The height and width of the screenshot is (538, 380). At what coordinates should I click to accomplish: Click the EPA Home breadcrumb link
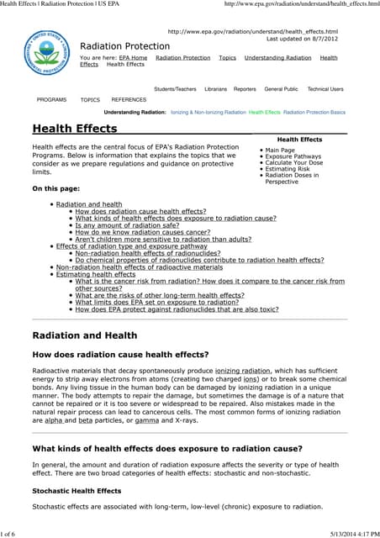click(x=133, y=58)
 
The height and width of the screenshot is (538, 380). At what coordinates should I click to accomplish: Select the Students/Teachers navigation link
click(x=175, y=89)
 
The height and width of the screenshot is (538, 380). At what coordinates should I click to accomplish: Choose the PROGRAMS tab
click(x=52, y=99)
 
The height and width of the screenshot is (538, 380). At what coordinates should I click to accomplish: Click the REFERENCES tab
click(x=129, y=99)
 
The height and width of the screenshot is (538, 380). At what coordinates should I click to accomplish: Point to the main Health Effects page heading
click(x=74, y=129)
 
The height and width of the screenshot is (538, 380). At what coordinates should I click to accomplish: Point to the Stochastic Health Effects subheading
click(x=77, y=489)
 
